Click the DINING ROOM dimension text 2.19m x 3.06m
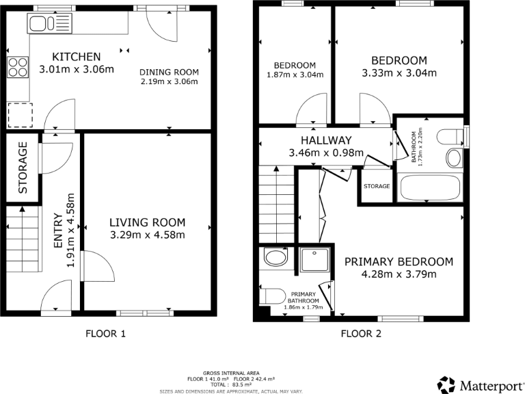coord(169,82)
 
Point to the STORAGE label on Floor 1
coord(22,168)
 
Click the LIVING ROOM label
coord(148,222)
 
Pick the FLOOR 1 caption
coord(105,334)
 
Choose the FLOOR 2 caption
coord(362,334)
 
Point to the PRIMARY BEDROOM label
coord(399,262)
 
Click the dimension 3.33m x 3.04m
coord(399,73)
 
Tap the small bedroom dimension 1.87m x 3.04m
coord(295,75)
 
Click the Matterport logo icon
coord(446,384)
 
